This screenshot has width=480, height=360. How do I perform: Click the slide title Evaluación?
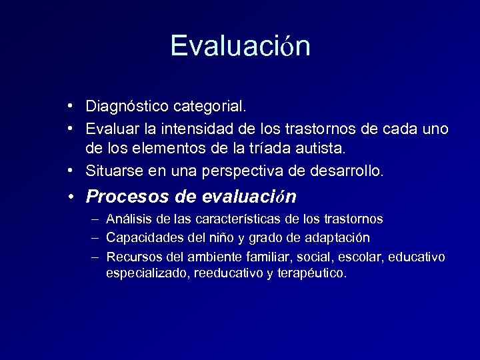point(240,45)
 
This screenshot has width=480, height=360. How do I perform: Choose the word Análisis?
point(127,219)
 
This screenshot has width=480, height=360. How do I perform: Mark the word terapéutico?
point(313,273)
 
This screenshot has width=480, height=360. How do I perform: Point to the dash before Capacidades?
point(95,237)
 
